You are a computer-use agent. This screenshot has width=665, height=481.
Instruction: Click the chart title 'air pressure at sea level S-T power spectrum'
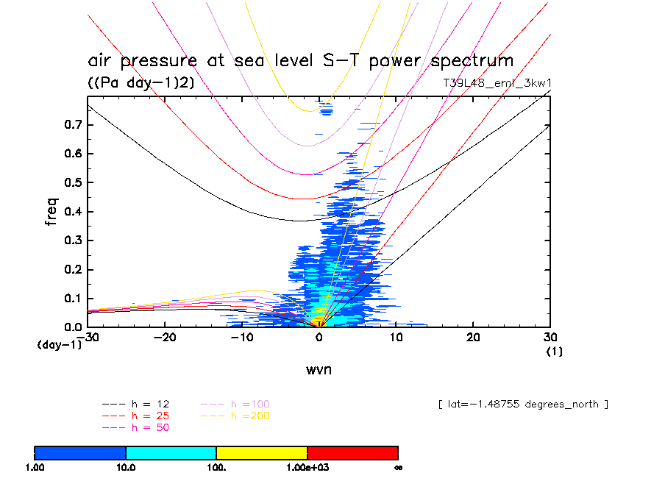pyautogui.click(x=300, y=60)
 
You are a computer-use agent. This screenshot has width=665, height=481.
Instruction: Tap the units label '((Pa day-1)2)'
pyautogui.click(x=141, y=83)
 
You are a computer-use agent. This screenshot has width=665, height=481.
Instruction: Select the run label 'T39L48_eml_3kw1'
pyautogui.click(x=497, y=84)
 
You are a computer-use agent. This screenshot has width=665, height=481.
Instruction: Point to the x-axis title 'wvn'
pyautogui.click(x=319, y=369)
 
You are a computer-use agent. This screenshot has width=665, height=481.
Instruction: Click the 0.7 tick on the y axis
pyautogui.click(x=72, y=125)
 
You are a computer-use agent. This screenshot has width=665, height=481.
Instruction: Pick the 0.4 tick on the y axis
pyautogui.click(x=72, y=212)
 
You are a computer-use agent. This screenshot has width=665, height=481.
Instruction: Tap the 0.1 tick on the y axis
pyautogui.click(x=72, y=298)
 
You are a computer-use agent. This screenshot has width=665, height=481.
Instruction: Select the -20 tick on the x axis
pyautogui.click(x=165, y=336)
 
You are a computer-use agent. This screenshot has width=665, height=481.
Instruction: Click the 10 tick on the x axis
pyautogui.click(x=396, y=336)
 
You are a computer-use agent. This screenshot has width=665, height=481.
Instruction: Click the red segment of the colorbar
pyautogui.click(x=352, y=452)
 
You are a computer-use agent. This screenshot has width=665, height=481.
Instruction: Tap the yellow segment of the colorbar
pyautogui.click(x=261, y=452)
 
